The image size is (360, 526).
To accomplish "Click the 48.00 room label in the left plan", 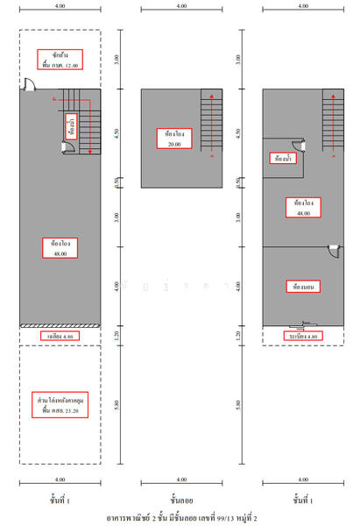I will tap(60, 248).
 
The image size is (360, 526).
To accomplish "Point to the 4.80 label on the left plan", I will tap(60, 336).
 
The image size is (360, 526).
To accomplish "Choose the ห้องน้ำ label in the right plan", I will tap(282, 159).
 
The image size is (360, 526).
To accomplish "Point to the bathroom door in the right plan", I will tap(301, 146).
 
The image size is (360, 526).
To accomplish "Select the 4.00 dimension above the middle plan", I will tap(180, 7).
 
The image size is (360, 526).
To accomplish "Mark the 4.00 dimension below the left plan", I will tap(60, 480).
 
